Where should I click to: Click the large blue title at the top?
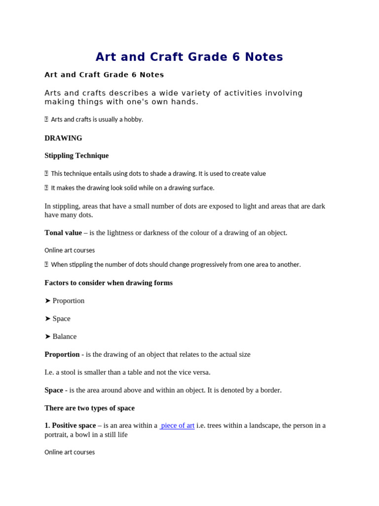click(189, 57)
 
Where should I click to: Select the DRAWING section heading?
click(63, 138)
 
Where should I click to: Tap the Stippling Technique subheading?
click(76, 156)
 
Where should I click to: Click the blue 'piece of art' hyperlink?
click(177, 425)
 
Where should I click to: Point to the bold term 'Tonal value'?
click(63, 233)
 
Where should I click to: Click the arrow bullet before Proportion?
click(48, 301)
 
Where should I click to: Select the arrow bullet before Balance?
click(48, 337)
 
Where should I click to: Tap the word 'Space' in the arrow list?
click(62, 319)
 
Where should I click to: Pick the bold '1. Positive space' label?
click(70, 425)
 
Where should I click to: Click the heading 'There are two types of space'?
click(89, 408)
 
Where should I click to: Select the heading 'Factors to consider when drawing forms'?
click(109, 283)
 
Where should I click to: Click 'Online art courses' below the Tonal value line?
click(70, 251)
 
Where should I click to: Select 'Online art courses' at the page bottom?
click(70, 452)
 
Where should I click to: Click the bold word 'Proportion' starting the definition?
click(62, 354)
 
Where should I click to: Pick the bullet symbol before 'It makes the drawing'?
click(46, 188)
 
